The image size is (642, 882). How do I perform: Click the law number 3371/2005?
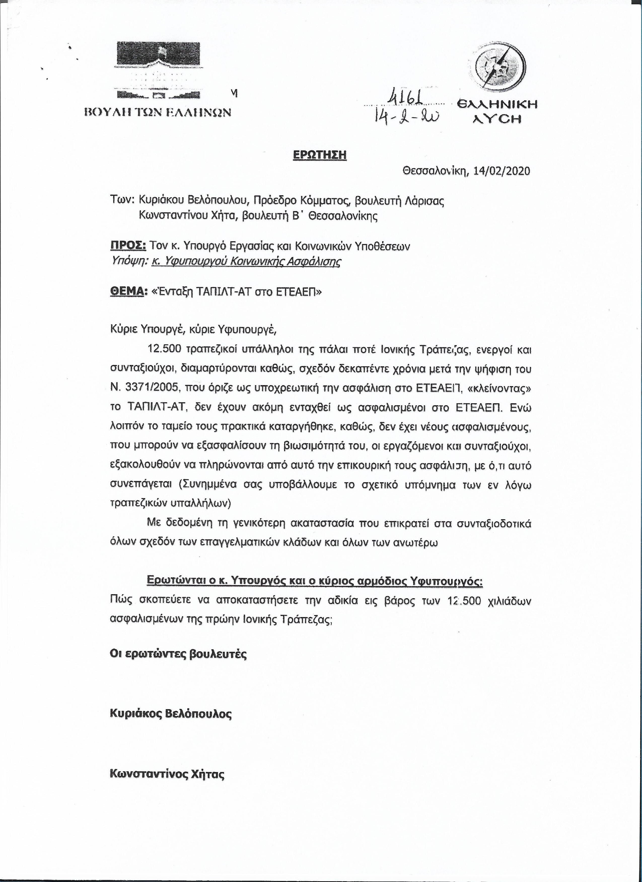[x=149, y=388]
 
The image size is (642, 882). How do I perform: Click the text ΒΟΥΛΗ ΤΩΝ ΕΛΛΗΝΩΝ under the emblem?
[x=158, y=112]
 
